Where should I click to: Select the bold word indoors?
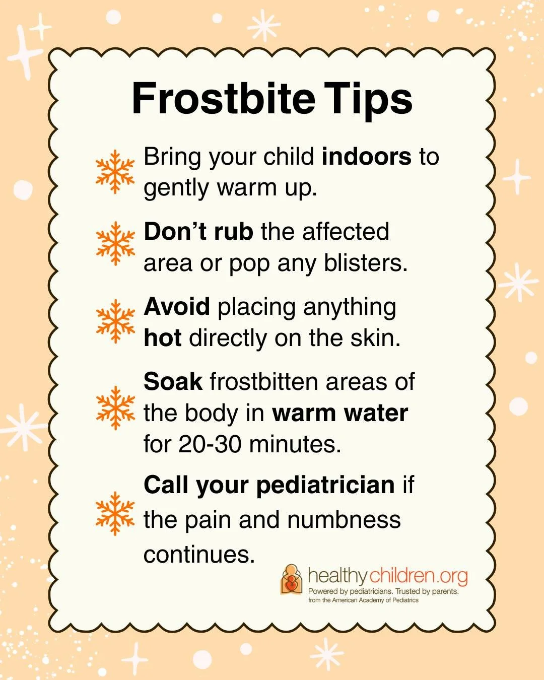pyautogui.click(x=366, y=157)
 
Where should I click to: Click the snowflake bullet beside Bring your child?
pyautogui.click(x=115, y=171)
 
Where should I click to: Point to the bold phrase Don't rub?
pyautogui.click(x=198, y=232)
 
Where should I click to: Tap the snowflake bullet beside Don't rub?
pyautogui.click(x=115, y=243)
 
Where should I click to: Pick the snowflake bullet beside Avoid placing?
pyautogui.click(x=115, y=321)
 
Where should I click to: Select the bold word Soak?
pyautogui.click(x=173, y=381)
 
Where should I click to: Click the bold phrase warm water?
pyautogui.click(x=340, y=413)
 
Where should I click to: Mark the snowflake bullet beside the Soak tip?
pyautogui.click(x=115, y=408)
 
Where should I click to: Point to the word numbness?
pyautogui.click(x=344, y=520)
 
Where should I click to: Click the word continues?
pyautogui.click(x=199, y=555)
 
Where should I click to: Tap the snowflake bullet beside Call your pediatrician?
pyautogui.click(x=115, y=513)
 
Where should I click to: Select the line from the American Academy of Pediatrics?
pyautogui.click(x=364, y=600)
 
